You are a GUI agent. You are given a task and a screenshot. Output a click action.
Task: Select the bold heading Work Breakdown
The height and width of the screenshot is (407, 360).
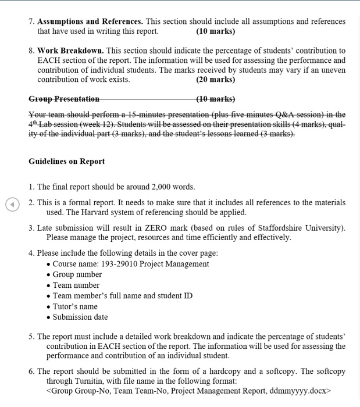(x=72, y=51)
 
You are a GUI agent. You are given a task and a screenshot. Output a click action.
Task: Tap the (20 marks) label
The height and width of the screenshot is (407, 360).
(x=216, y=80)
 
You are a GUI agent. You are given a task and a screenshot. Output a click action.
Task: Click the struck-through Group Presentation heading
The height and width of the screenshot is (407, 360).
(x=64, y=99)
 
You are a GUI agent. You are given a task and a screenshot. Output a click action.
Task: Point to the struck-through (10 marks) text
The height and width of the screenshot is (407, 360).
(x=216, y=99)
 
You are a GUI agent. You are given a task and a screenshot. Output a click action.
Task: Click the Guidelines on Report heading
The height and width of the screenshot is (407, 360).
(x=67, y=161)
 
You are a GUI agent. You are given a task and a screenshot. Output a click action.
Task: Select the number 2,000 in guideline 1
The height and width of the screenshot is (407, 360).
(x=165, y=187)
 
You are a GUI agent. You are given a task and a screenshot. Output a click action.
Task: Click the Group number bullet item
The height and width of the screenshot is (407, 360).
(x=77, y=274)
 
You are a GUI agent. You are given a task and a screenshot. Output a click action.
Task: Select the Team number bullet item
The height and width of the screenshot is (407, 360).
(x=76, y=285)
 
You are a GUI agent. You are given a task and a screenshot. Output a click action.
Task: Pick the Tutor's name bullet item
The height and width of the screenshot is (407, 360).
(x=75, y=306)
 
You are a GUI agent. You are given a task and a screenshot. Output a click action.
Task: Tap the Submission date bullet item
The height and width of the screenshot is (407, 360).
(x=80, y=317)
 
